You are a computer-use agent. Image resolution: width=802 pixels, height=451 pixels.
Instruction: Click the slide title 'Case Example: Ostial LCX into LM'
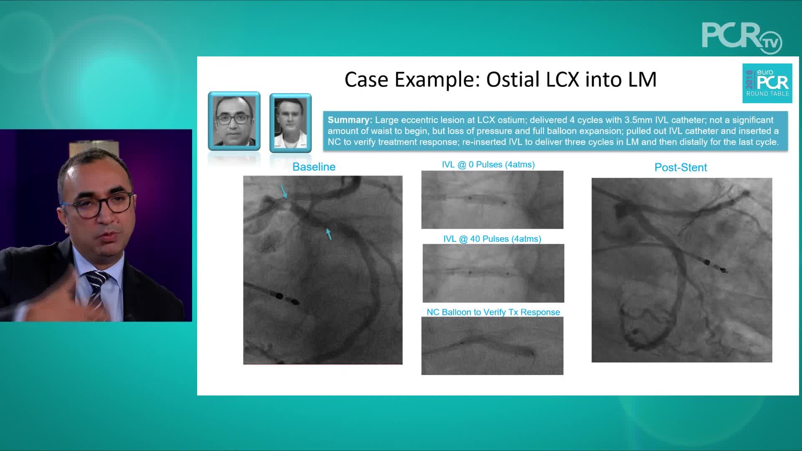(500, 79)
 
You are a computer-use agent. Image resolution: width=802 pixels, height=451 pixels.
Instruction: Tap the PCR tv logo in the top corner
(742, 38)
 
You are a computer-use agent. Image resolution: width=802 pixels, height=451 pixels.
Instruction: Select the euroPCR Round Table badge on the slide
(767, 83)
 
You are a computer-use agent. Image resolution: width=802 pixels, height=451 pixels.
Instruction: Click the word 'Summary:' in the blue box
(350, 120)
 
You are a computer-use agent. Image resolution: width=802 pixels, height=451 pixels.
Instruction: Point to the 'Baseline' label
(314, 167)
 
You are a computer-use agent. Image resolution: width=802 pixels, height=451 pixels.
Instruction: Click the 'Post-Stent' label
(680, 167)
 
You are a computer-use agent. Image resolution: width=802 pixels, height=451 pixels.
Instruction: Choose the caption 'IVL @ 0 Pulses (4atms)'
(488, 165)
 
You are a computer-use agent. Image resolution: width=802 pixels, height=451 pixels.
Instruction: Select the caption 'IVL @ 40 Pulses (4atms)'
(492, 239)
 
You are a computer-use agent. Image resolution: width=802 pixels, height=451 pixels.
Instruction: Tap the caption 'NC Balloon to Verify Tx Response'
(493, 312)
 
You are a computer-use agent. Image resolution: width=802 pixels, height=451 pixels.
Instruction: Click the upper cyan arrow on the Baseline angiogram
(284, 192)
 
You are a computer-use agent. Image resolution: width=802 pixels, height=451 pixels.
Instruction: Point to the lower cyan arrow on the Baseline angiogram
(329, 234)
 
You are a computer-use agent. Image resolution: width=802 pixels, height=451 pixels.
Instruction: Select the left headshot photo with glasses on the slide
(234, 121)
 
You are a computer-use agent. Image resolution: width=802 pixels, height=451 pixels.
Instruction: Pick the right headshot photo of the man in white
(291, 123)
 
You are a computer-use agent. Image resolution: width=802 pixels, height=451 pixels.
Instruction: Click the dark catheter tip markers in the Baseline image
(286, 299)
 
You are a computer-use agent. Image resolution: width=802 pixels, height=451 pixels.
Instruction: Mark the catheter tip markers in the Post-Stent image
(714, 266)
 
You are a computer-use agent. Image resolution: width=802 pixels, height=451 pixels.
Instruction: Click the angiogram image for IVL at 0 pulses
(492, 200)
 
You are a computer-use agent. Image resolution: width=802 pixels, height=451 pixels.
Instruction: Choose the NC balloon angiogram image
(492, 346)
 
